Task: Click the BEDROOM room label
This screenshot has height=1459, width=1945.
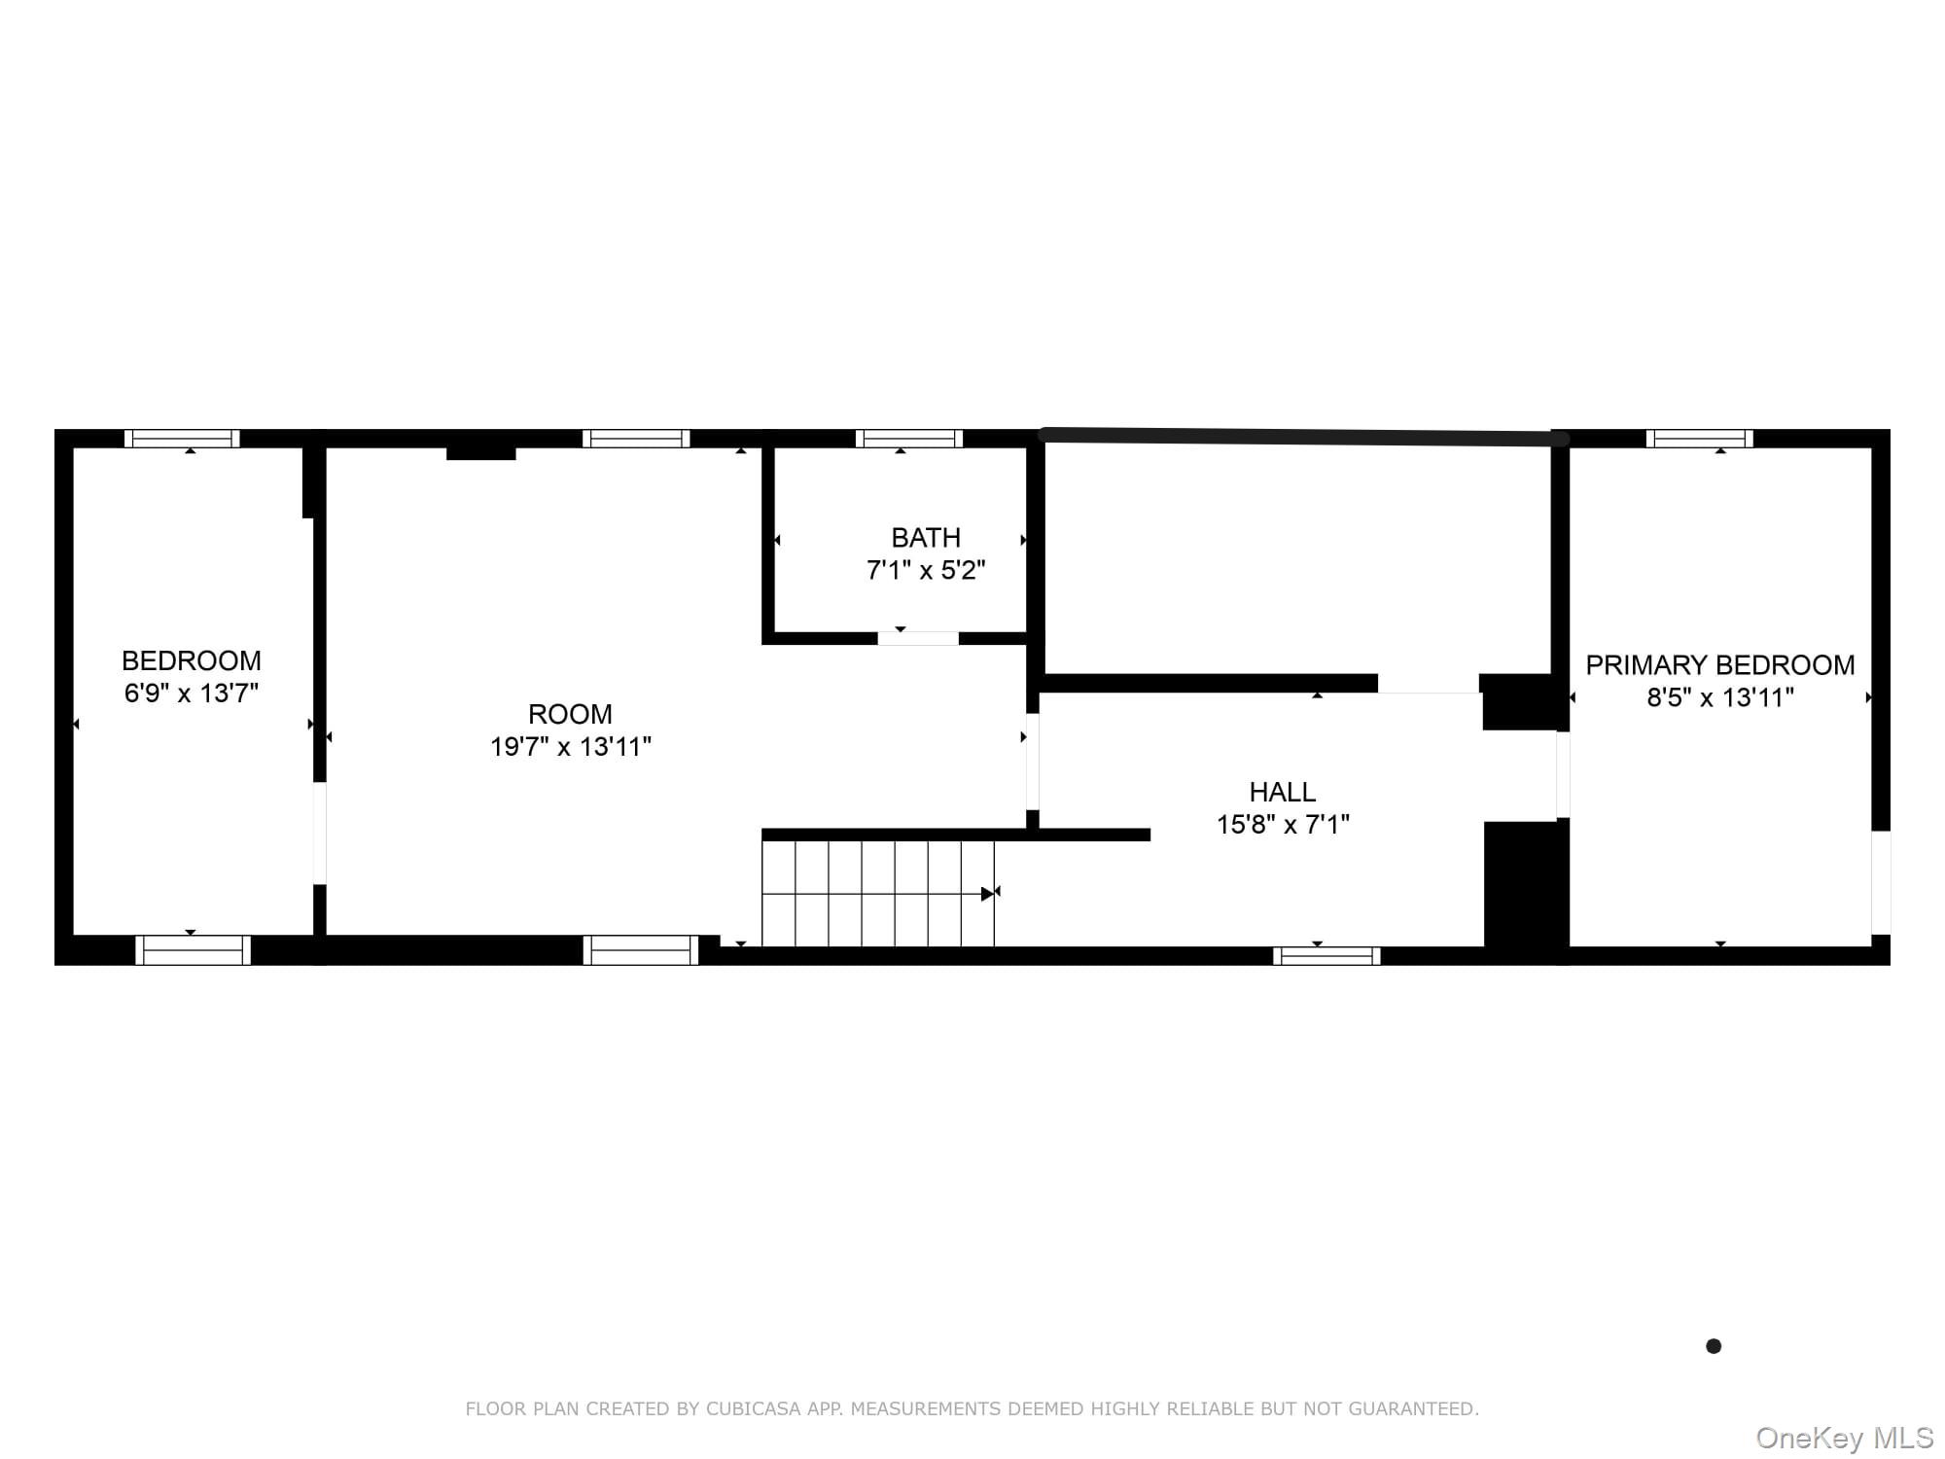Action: coord(192,661)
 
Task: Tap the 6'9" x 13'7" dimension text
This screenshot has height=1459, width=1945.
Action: coord(192,694)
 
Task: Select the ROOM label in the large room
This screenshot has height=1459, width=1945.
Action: coord(570,714)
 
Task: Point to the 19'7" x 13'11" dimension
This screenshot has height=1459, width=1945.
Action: coord(571,746)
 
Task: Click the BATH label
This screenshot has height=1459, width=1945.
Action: coord(926,538)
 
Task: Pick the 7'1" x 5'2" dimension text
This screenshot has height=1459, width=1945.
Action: coord(926,570)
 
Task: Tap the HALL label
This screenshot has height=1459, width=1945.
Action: coord(1283,792)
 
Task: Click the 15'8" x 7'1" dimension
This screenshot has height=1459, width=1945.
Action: coord(1283,825)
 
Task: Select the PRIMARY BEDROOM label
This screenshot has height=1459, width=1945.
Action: coord(1720,665)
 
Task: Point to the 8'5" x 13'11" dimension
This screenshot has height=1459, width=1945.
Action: coord(1720,697)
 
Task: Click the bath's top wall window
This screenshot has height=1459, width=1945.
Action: coord(909,439)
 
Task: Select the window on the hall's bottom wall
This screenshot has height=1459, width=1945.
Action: coord(1326,956)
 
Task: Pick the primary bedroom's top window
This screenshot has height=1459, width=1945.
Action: coord(1700,439)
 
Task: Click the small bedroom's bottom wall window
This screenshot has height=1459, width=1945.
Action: coord(193,950)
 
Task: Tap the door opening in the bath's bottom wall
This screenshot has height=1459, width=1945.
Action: coord(918,638)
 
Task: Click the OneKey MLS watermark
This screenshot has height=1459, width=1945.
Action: coord(1845,1438)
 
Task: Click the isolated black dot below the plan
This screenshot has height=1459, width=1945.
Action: coord(1714,1346)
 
